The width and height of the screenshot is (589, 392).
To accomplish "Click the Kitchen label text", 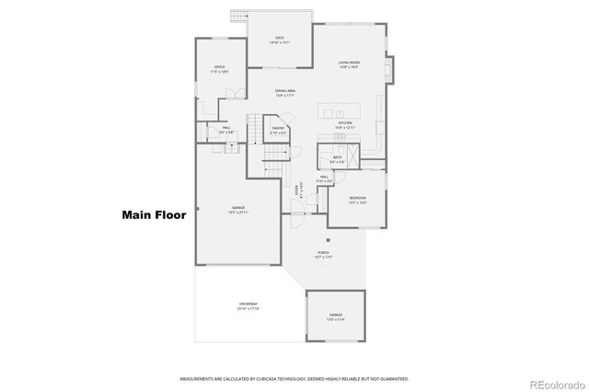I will click(x=345, y=124).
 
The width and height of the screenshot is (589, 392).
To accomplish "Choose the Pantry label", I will click(x=279, y=132).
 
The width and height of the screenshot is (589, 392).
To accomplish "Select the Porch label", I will click(x=323, y=254).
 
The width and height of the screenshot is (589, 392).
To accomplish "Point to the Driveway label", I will click(x=248, y=306).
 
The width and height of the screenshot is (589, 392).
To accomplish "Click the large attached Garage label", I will click(x=237, y=210).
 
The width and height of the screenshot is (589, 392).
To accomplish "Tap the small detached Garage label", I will click(x=336, y=317).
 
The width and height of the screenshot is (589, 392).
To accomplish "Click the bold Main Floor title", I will click(x=154, y=216).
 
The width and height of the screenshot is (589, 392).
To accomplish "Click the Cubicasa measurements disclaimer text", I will click(x=294, y=378).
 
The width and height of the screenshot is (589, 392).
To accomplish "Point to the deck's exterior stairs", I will click(x=241, y=16).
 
